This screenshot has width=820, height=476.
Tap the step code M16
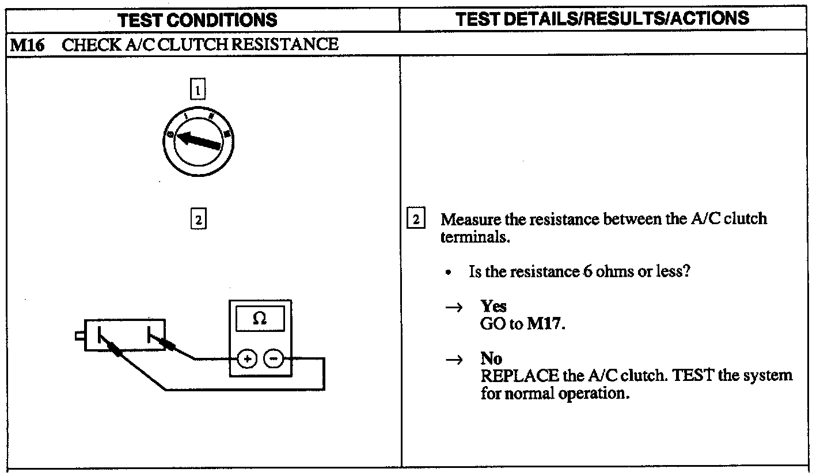click(x=24, y=44)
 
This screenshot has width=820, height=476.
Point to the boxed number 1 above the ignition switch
click(x=198, y=90)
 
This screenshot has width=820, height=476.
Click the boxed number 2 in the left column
click(x=198, y=220)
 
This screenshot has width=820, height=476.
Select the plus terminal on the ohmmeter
click(x=248, y=360)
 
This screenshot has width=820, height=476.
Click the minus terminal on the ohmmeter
click(x=272, y=360)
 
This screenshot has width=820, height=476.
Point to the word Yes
click(x=493, y=307)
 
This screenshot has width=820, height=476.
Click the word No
click(x=491, y=358)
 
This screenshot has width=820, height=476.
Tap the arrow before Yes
click(x=454, y=308)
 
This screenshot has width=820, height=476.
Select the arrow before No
click(x=454, y=360)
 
